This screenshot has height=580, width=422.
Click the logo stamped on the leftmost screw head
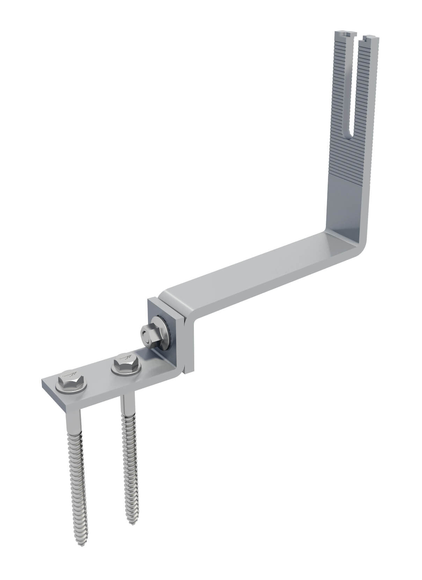[x=70, y=376]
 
